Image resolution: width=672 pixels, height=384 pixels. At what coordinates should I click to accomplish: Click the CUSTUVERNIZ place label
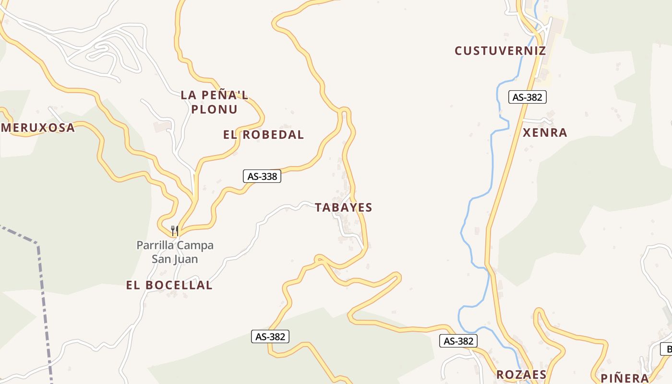pyautogui.click(x=500, y=51)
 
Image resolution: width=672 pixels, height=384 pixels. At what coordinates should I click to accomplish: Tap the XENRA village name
pyautogui.click(x=545, y=132)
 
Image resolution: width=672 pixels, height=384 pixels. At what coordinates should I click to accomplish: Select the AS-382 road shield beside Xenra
pyautogui.click(x=527, y=97)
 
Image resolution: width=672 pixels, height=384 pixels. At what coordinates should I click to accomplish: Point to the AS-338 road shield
pyautogui.click(x=262, y=176)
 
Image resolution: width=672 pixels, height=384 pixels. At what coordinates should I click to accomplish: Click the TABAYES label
pyautogui.click(x=344, y=207)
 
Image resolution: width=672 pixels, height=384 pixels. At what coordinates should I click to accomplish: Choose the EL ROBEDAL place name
pyautogui.click(x=264, y=135)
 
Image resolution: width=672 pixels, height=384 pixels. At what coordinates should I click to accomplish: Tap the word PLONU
pyautogui.click(x=215, y=109)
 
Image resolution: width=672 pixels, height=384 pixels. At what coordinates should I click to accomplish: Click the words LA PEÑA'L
pyautogui.click(x=215, y=95)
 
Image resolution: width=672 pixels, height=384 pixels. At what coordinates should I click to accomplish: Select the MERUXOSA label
pyautogui.click(x=38, y=128)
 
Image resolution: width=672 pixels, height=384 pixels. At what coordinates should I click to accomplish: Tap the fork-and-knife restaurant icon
pyautogui.click(x=175, y=231)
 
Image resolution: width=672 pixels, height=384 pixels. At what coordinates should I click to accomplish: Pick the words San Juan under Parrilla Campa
pyautogui.click(x=175, y=259)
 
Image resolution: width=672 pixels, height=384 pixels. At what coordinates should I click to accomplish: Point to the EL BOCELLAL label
pyautogui.click(x=169, y=285)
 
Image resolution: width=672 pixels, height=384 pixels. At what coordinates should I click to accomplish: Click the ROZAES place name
pyautogui.click(x=521, y=374)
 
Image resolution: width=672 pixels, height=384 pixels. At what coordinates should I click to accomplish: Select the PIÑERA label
pyautogui.click(x=625, y=378)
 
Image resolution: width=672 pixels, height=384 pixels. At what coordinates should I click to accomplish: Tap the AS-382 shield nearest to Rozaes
pyautogui.click(x=458, y=341)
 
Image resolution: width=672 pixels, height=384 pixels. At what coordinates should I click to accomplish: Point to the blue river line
pyautogui.click(x=491, y=158)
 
